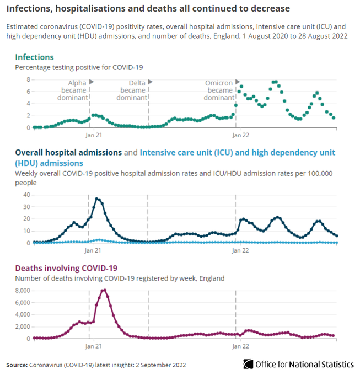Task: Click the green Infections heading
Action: coord(34,57)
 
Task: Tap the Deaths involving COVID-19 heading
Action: coord(66,269)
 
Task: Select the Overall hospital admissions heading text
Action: coord(68,152)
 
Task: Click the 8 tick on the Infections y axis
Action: coord(27,79)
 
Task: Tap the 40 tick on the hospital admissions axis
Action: coord(25,195)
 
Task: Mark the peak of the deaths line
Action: coord(104,290)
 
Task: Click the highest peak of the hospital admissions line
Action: coord(98,199)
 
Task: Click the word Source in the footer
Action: coord(17,365)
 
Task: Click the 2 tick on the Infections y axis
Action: coord(27,116)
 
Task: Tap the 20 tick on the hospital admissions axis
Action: coord(25,219)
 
